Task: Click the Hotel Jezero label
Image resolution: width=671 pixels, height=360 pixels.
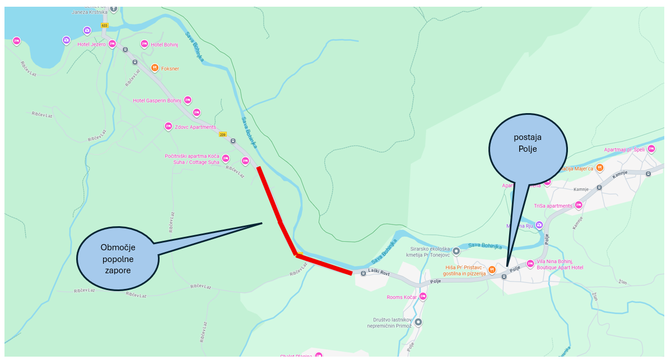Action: (91, 44)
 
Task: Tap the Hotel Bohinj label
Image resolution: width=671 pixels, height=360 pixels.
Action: (164, 44)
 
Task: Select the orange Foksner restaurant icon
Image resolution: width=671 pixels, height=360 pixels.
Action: (155, 68)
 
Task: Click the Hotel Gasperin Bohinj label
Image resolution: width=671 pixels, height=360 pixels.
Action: (157, 101)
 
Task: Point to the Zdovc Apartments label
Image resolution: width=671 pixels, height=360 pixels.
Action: (195, 127)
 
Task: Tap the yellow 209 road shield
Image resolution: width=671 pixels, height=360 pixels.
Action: (222, 134)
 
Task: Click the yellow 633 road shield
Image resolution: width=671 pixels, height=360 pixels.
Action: (104, 25)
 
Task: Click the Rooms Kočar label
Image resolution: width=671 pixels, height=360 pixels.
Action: (402, 297)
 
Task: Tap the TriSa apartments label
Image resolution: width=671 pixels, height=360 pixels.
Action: (553, 206)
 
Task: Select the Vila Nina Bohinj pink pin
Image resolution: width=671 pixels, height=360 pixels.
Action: (530, 264)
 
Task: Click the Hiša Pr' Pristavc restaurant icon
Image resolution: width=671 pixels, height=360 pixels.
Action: (492, 270)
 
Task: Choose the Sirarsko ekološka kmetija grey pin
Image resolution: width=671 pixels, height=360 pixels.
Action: (456, 251)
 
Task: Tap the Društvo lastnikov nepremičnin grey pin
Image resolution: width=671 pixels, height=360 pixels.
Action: (418, 322)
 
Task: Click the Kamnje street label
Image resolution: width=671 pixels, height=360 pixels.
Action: (581, 189)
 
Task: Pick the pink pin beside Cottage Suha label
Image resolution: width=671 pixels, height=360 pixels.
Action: (226, 158)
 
